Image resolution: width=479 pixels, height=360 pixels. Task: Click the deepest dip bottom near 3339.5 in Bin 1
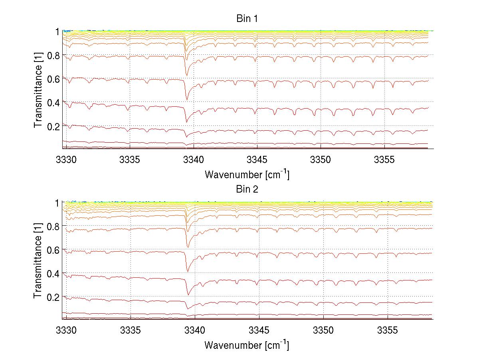click(x=186, y=121)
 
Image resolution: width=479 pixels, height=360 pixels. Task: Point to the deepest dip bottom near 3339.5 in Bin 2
click(x=188, y=295)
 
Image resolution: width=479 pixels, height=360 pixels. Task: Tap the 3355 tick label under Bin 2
click(x=388, y=331)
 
